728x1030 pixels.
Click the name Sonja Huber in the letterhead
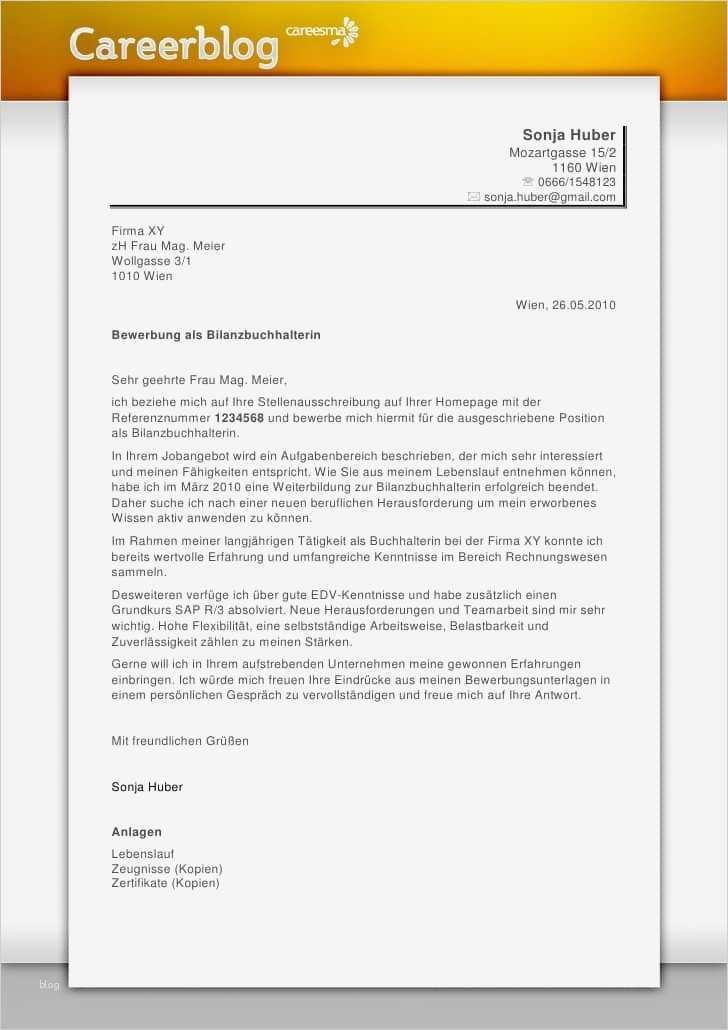pos(569,135)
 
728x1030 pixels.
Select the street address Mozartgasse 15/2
pos(562,153)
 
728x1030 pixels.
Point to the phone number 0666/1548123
pos(576,182)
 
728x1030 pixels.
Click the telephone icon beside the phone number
pos(527,182)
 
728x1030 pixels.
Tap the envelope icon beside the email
pos(474,197)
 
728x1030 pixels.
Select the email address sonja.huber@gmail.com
pos(550,197)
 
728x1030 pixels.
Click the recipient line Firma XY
pos(138,231)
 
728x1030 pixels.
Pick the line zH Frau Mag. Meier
pos(168,246)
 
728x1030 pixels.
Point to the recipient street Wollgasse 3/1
pos(151,261)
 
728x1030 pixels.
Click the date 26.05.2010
pos(584,305)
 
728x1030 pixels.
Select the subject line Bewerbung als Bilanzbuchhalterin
pos(216,335)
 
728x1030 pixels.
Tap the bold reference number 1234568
pos(239,417)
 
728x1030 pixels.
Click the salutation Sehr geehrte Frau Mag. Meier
pos(199,380)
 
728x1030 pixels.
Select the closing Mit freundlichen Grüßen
pos(180,741)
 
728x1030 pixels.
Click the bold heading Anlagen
pos(137,832)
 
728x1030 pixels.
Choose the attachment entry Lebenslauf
pos(143,854)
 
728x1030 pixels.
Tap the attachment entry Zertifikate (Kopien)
pos(165,883)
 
